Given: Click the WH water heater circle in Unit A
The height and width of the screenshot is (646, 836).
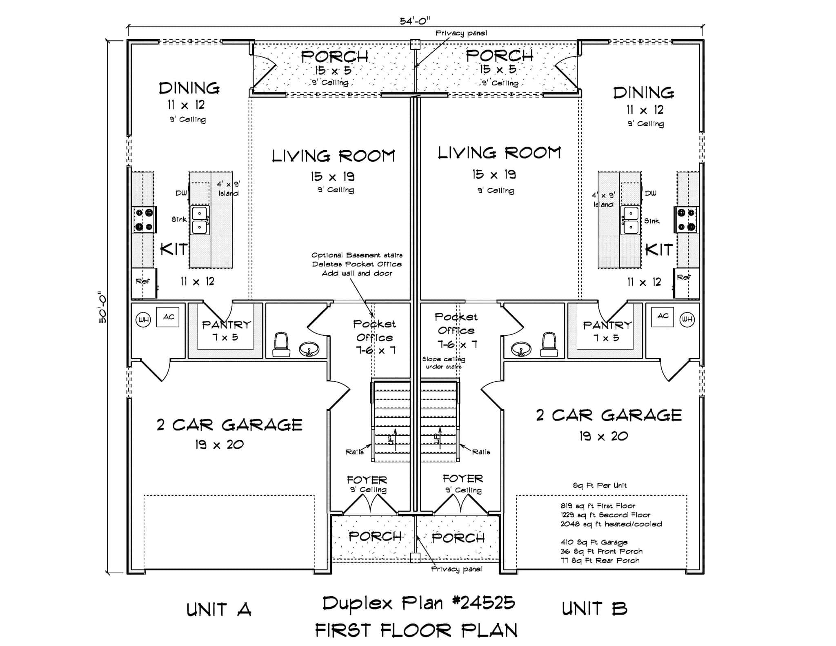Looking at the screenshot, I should (x=143, y=320).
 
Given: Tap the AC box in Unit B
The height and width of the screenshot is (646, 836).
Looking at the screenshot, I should (x=663, y=316).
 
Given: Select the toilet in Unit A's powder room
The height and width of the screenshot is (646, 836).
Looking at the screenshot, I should (x=281, y=345).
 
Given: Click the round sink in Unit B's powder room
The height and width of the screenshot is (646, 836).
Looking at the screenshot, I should (x=521, y=349).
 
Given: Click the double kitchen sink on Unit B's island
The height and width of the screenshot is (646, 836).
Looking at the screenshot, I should (x=631, y=220).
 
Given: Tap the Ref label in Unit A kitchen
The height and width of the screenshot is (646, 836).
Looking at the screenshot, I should (x=142, y=281).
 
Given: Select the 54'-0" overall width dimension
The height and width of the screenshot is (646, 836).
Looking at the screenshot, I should (x=415, y=21).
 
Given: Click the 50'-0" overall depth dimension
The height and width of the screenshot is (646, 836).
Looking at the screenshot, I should (x=102, y=307).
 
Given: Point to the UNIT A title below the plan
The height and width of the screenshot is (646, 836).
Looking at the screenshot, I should (x=219, y=610).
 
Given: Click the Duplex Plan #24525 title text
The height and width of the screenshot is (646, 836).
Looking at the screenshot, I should (x=418, y=603).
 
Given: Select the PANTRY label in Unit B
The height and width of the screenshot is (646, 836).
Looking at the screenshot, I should (x=607, y=325).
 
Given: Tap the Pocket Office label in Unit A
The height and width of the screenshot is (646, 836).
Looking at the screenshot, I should (x=374, y=331).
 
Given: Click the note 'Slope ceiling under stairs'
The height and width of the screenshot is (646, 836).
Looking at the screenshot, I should (x=443, y=363).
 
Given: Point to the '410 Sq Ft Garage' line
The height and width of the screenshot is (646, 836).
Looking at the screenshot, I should (x=594, y=542).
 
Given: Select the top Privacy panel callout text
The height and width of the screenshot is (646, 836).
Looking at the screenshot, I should (x=461, y=33).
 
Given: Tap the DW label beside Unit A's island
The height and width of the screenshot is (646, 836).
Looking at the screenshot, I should (x=181, y=193).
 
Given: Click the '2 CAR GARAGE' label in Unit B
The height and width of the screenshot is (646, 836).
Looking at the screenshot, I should (x=609, y=415).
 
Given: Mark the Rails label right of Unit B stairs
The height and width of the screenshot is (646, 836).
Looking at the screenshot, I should (x=481, y=452).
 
